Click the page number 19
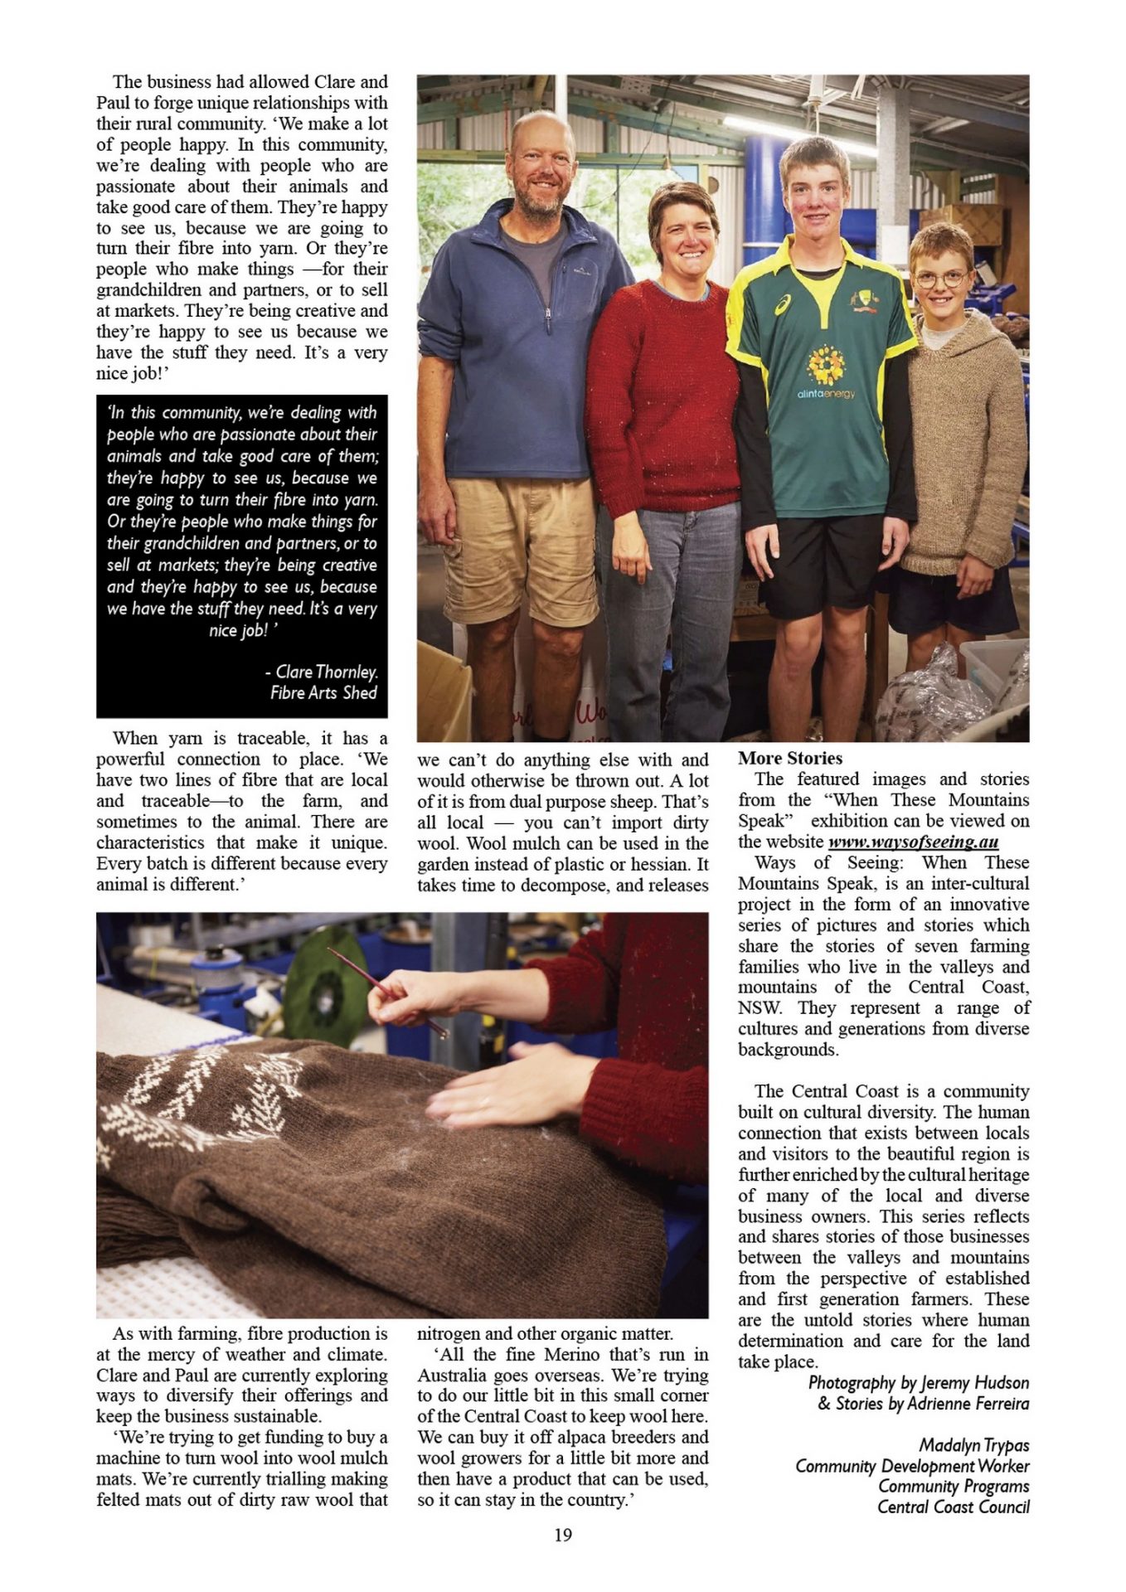tap(562, 1535)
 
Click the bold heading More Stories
tap(789, 758)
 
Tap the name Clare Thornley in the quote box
tap(327, 672)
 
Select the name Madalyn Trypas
tap(973, 1445)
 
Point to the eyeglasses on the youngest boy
tap(942, 279)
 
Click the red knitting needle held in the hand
tap(386, 991)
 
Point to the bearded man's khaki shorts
tap(517, 547)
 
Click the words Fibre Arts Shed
tap(323, 693)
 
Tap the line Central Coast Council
tap(953, 1507)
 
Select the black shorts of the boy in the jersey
tap(821, 564)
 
